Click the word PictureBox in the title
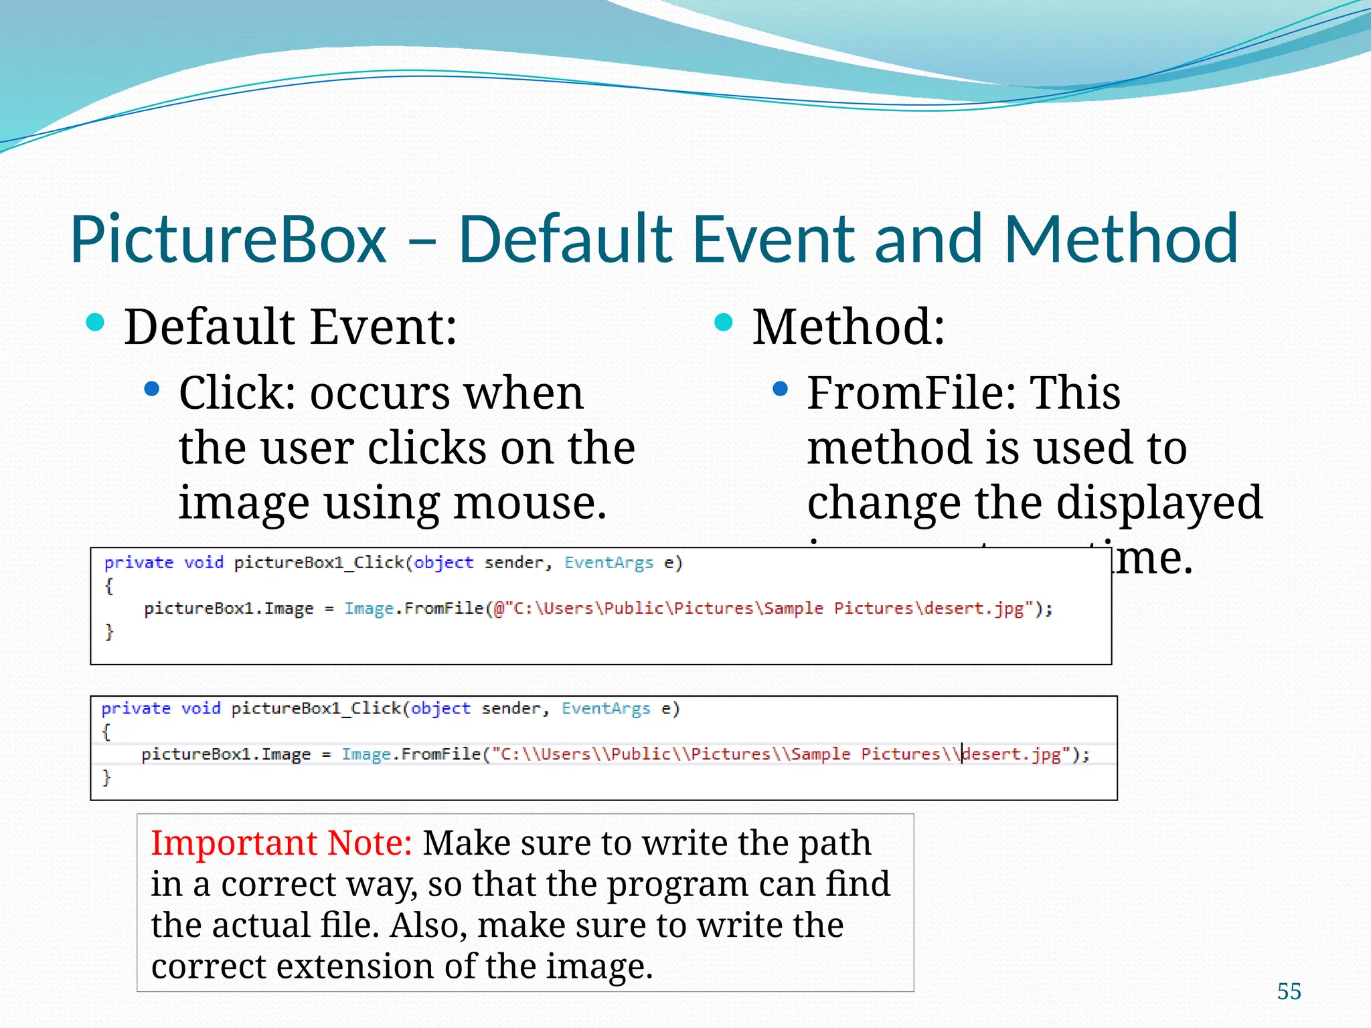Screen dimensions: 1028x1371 228,240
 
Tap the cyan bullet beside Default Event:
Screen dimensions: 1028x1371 96,323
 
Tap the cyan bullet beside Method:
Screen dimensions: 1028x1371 724,323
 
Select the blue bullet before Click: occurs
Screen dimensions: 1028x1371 152,389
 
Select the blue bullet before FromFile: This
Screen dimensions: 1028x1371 780,389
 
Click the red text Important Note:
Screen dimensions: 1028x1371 281,843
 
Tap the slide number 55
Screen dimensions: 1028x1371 1289,991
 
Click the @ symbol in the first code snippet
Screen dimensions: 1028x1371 499,608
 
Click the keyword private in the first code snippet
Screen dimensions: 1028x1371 139,562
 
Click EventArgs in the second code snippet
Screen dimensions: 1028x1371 606,708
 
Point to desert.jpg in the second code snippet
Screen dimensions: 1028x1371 1012,754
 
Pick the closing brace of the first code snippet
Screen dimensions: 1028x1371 109,631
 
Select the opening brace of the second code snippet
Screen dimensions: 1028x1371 106,732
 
